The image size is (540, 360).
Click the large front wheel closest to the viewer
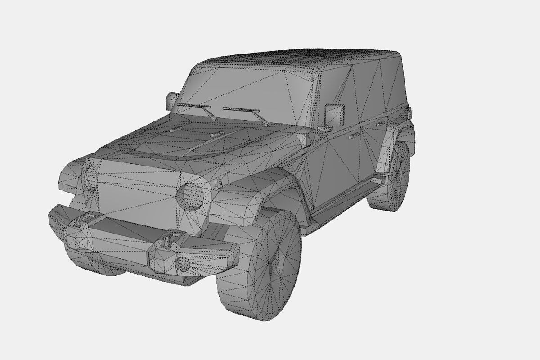(261, 265)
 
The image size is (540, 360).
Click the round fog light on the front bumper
(183, 264)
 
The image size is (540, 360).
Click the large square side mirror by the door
(334, 115)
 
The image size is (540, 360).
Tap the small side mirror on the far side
(171, 100)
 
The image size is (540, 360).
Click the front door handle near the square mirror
(353, 135)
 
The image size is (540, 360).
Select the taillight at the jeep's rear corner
(410, 112)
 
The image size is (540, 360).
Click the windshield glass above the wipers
(243, 90)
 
